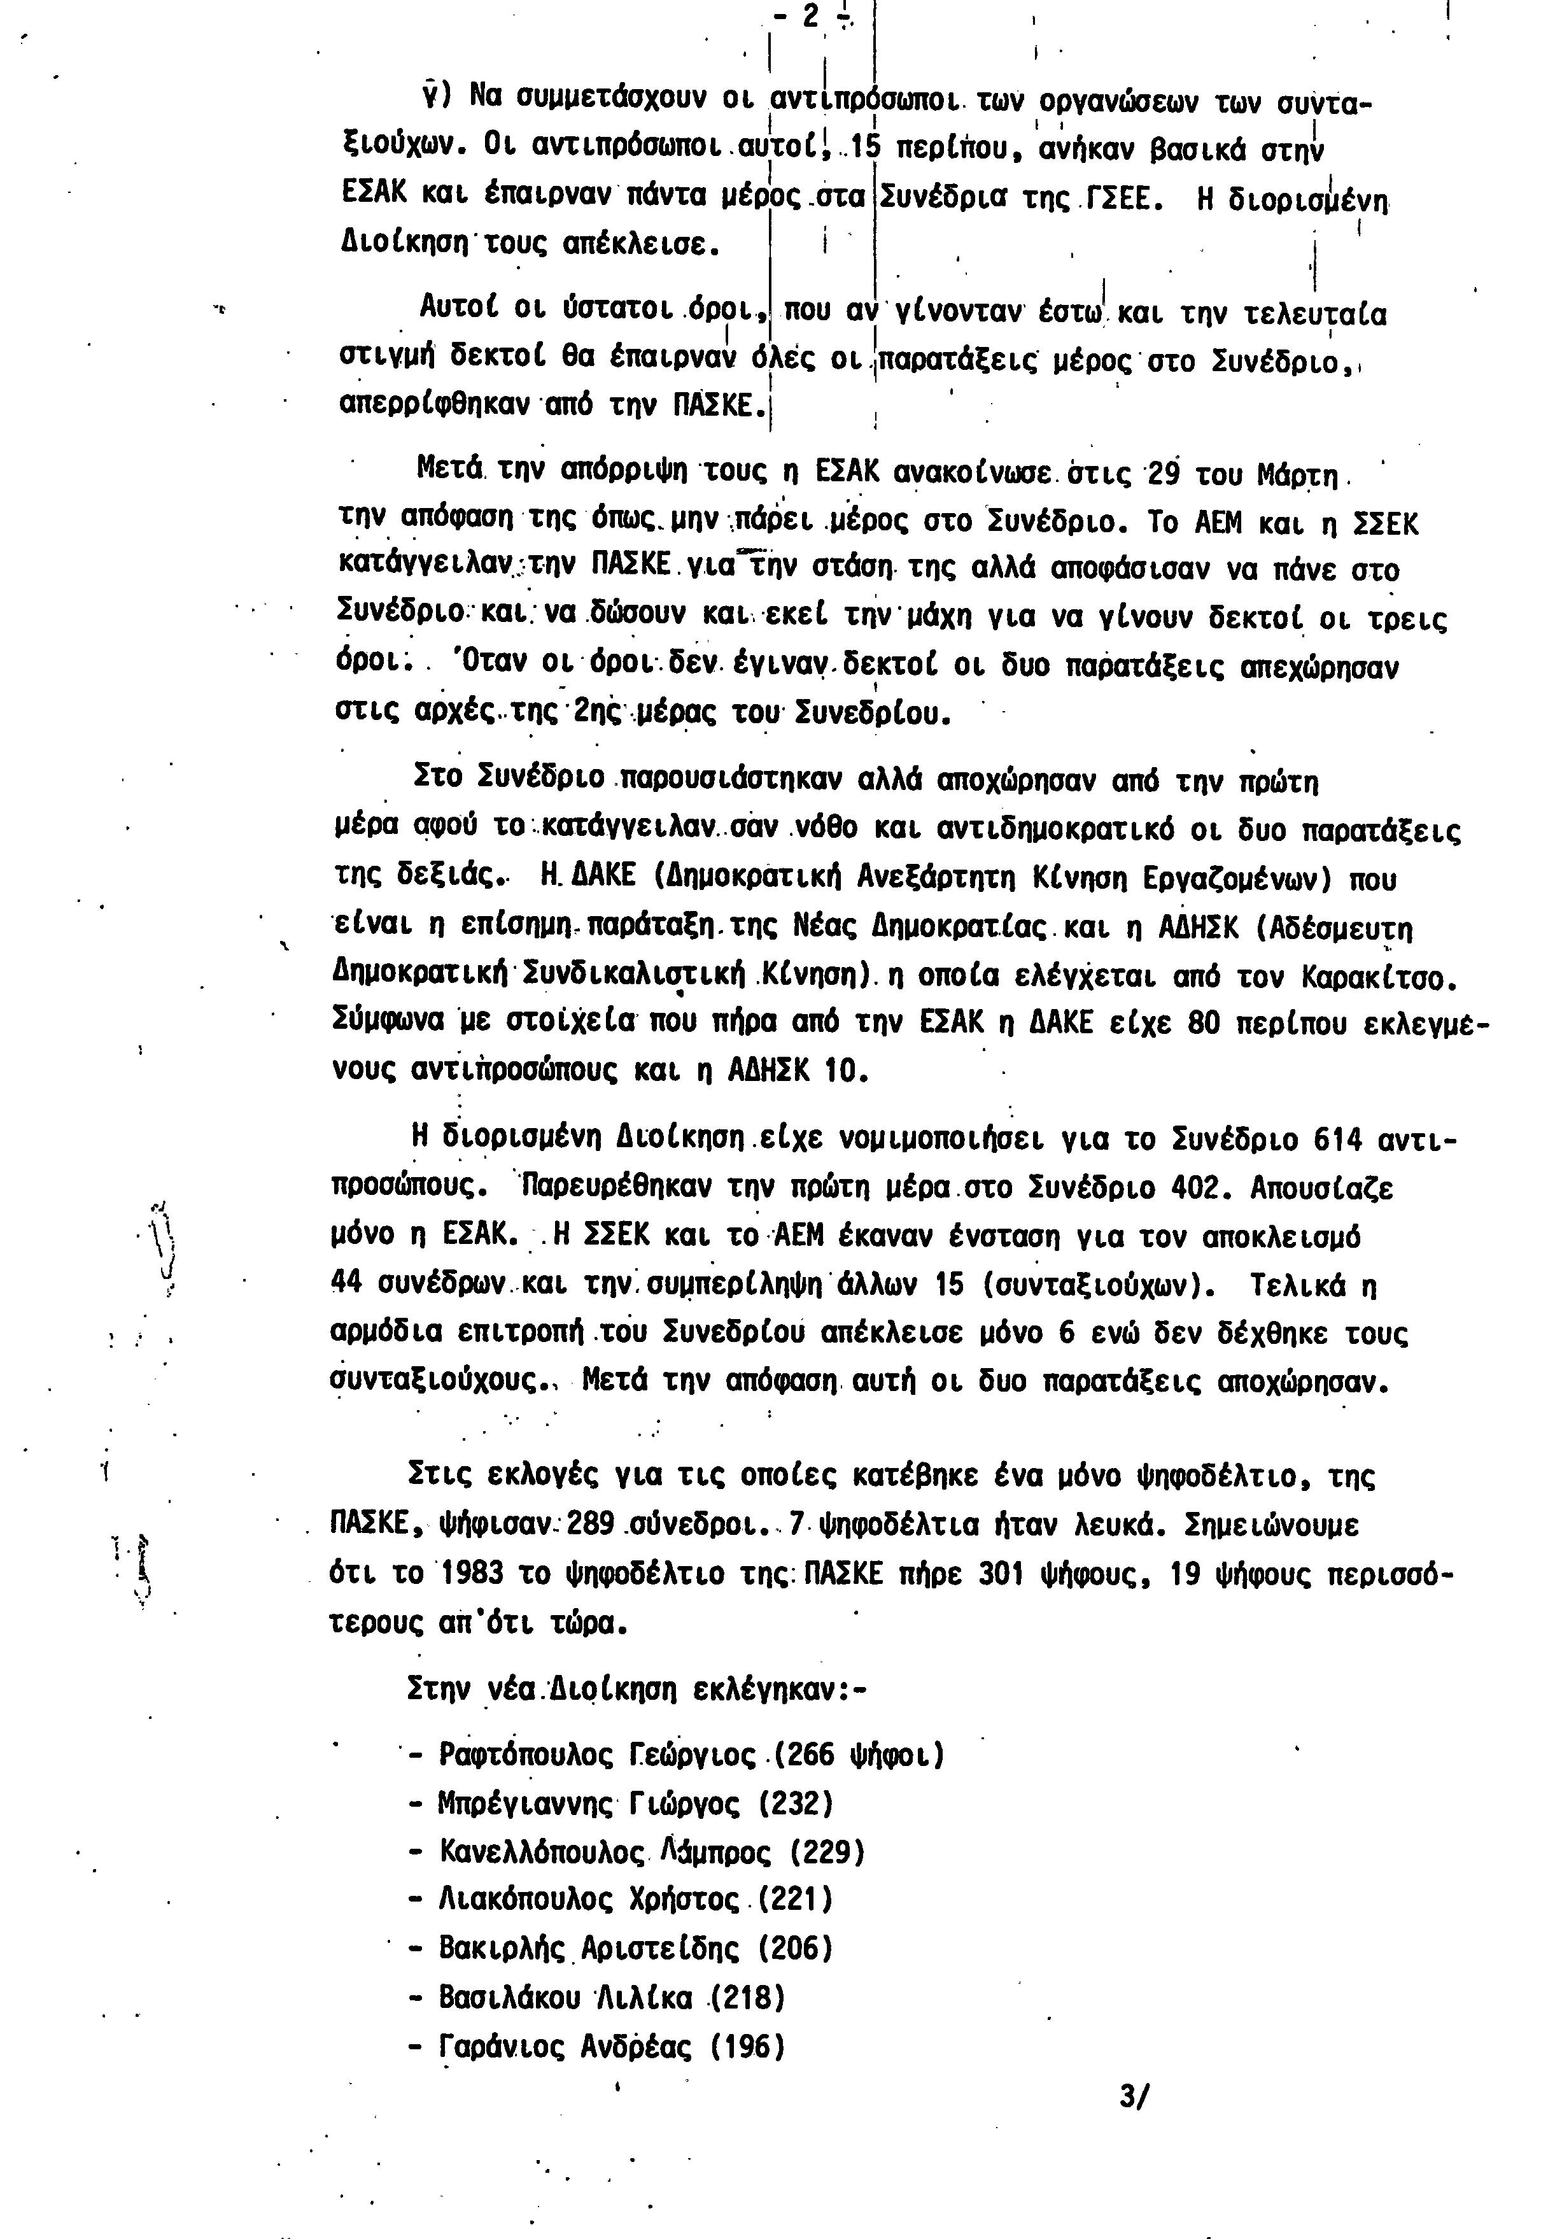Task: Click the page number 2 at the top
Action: tap(809, 20)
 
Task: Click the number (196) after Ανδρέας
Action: tap(748, 2045)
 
